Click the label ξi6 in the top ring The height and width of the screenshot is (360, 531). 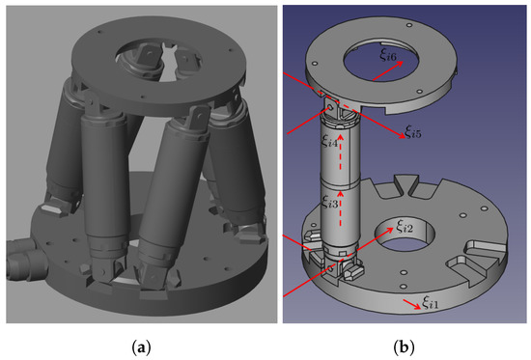coord(387,57)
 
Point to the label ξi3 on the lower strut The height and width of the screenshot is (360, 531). coord(329,203)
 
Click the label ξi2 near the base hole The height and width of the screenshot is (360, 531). coord(404,228)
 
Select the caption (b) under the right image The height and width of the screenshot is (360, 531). coord(401,344)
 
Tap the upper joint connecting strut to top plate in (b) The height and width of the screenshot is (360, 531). coord(333,106)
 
